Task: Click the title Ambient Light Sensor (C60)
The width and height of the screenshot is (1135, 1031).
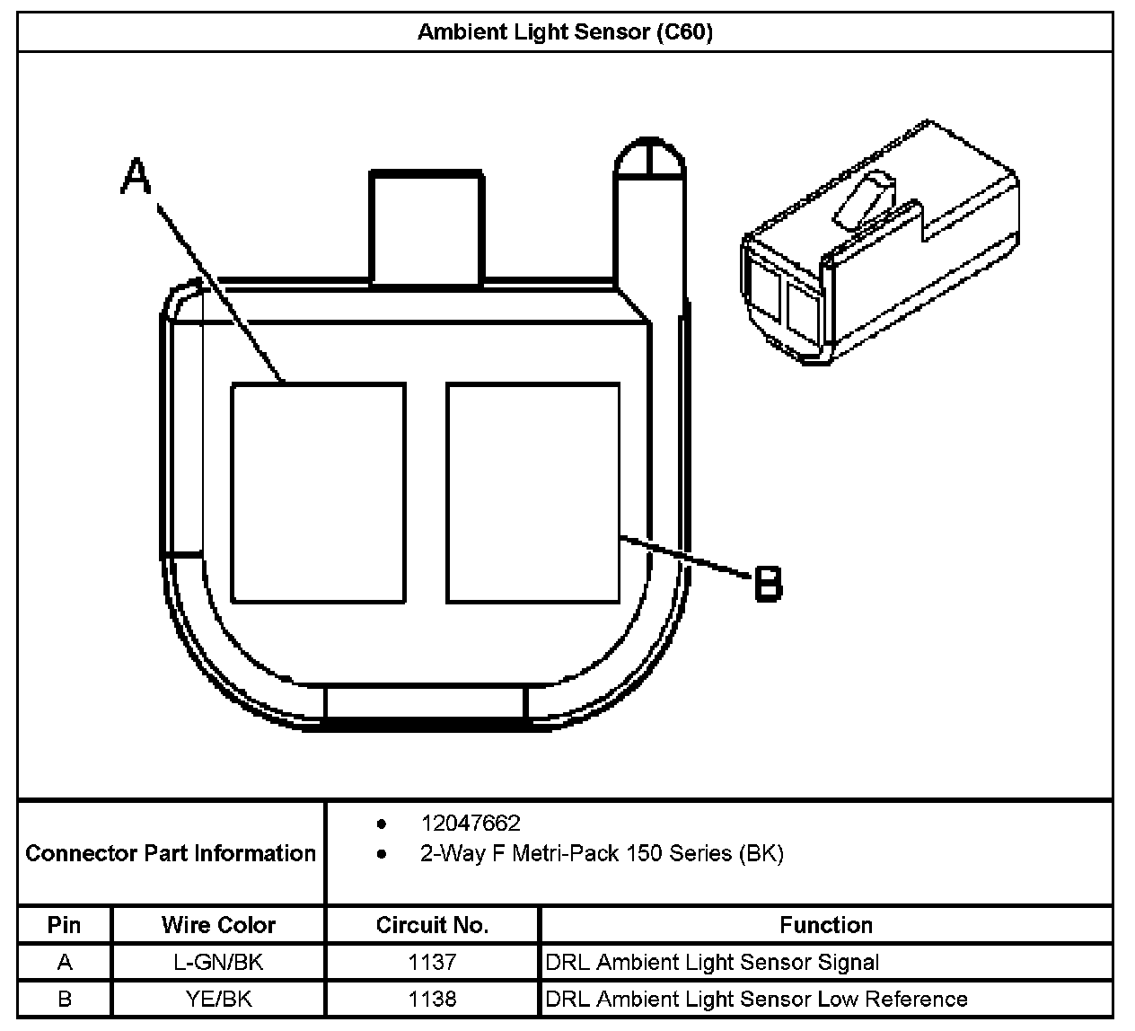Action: pos(565,33)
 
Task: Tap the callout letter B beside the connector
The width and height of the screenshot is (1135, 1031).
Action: pos(768,583)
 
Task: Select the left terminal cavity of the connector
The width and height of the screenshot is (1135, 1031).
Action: pos(318,493)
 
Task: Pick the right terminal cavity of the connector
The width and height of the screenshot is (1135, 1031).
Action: pos(533,493)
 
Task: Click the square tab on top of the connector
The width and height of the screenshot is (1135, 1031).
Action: pos(427,226)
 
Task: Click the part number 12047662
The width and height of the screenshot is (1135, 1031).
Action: pos(470,824)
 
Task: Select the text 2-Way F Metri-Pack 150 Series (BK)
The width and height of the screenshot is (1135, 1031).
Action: pos(602,853)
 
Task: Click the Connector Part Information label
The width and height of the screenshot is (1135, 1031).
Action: pos(171,853)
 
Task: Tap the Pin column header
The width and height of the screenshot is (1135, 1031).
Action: pos(64,925)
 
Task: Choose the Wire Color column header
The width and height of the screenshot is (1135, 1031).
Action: pos(218,925)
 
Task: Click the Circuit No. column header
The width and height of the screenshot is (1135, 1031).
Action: pos(432,925)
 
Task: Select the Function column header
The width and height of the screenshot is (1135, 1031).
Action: pos(825,925)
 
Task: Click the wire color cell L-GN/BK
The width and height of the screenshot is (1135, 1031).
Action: pos(218,963)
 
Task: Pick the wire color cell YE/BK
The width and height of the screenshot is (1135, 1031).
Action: pos(218,999)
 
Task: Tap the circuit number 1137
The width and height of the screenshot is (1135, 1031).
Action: pos(432,963)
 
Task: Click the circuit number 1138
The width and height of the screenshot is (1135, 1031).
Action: pos(432,999)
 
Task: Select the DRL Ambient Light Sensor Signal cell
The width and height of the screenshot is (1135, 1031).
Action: pos(712,963)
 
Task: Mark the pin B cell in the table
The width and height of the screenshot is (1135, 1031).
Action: pos(64,999)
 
